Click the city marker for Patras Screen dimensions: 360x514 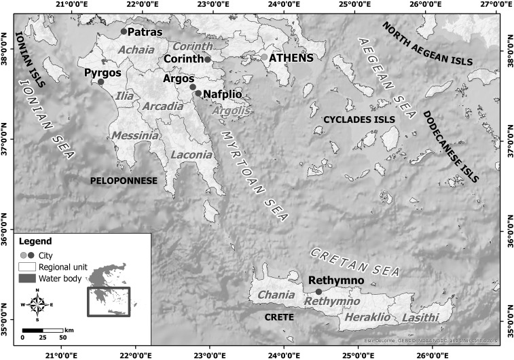pos(124,31)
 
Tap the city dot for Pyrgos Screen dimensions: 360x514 pos(100,82)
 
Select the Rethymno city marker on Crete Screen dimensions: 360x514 pos(318,291)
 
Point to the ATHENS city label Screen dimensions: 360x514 pos(291,58)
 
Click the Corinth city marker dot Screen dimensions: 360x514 pos(208,60)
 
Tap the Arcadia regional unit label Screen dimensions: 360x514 pos(162,107)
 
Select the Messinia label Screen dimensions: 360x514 pos(136,136)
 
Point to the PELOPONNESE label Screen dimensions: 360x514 pos(124,181)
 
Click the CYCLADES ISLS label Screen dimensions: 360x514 pos(359,120)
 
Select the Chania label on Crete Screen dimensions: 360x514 pos(276,295)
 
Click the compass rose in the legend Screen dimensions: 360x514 pos(37,305)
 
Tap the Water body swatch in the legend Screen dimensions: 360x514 pos(27,278)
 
